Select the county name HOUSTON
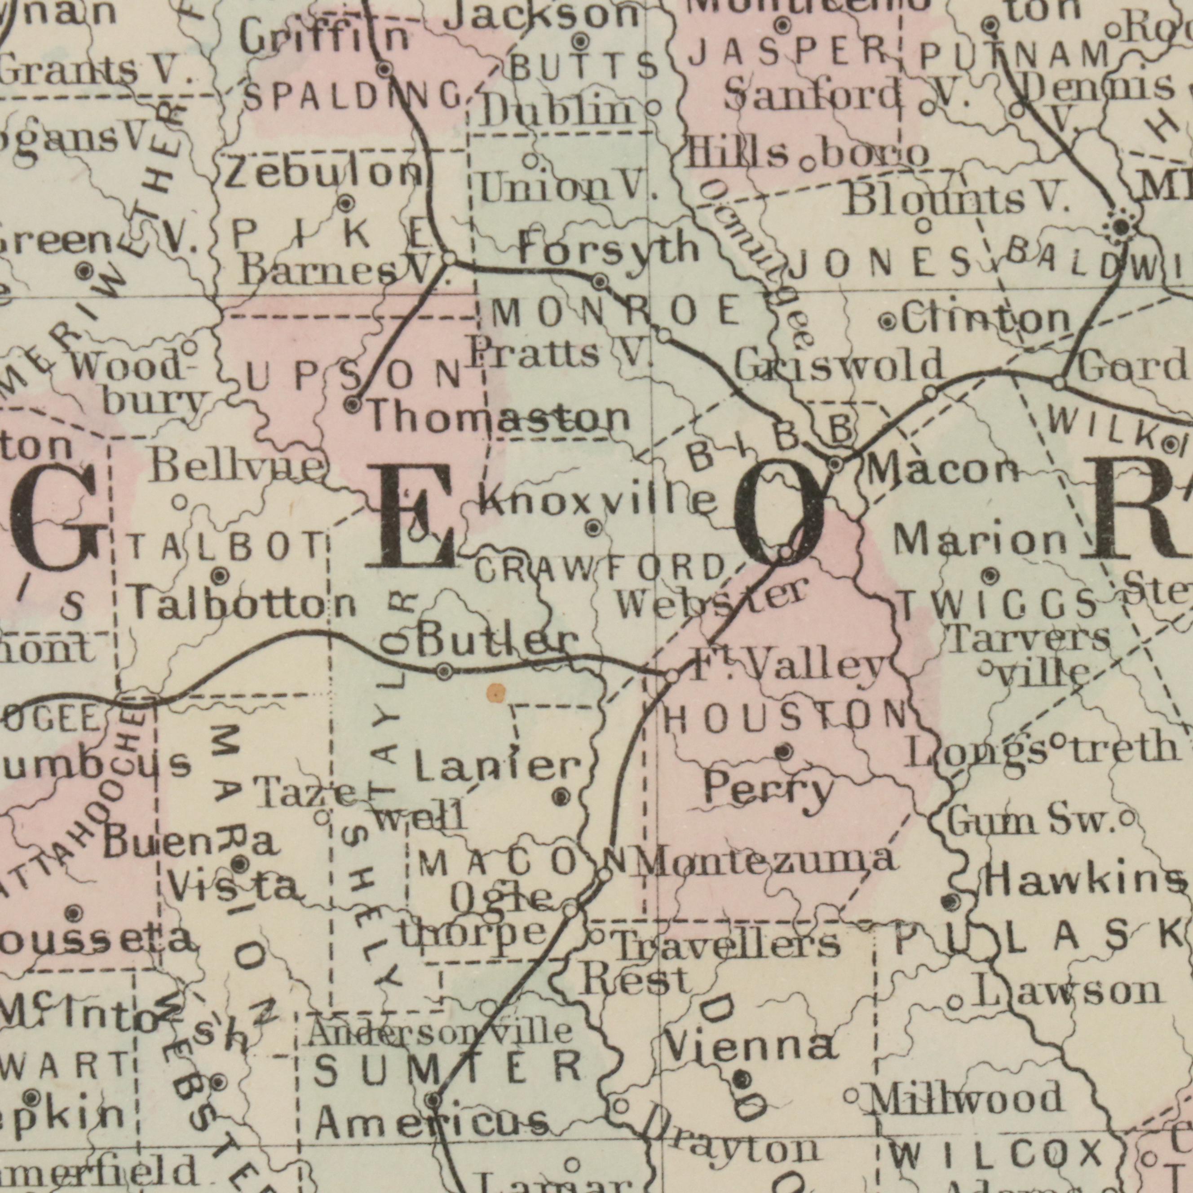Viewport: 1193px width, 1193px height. click(x=786, y=717)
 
